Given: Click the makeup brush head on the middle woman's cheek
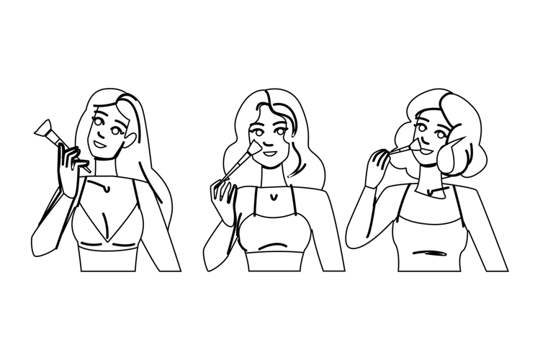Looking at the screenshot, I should coord(251,148).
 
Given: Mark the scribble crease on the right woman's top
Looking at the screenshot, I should coord(436,253).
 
